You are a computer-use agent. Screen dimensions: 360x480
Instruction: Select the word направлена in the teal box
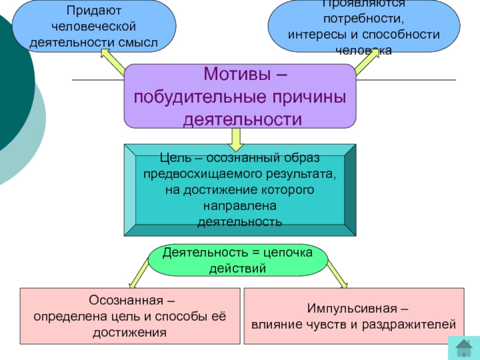tap(239, 205)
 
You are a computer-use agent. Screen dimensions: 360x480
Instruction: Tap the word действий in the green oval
tap(236, 268)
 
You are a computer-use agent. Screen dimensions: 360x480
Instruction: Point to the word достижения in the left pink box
tap(130, 332)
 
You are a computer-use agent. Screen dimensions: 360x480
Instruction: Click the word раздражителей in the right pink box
tap(417, 325)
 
